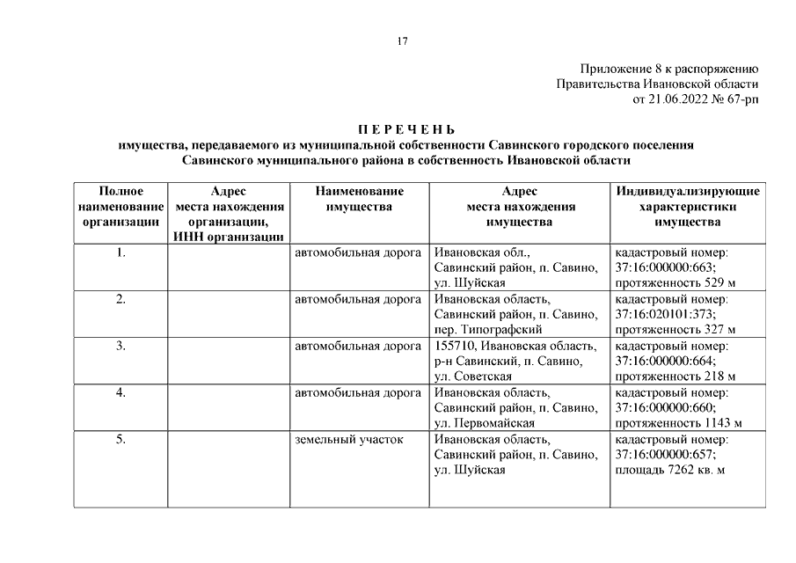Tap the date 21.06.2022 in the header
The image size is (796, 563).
tap(682, 99)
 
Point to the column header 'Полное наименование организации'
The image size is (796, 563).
tap(120, 207)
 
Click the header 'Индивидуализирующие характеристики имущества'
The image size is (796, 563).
tap(689, 207)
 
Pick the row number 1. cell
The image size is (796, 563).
tap(120, 252)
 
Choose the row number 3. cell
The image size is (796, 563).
tap(120, 346)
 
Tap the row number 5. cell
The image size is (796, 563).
tap(120, 439)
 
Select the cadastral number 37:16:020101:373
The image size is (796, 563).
tap(666, 314)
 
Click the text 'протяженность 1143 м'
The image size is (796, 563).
tap(679, 423)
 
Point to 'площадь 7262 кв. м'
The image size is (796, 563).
tap(669, 471)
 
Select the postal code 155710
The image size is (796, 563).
tap(455, 346)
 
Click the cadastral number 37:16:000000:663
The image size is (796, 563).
tap(666, 267)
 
